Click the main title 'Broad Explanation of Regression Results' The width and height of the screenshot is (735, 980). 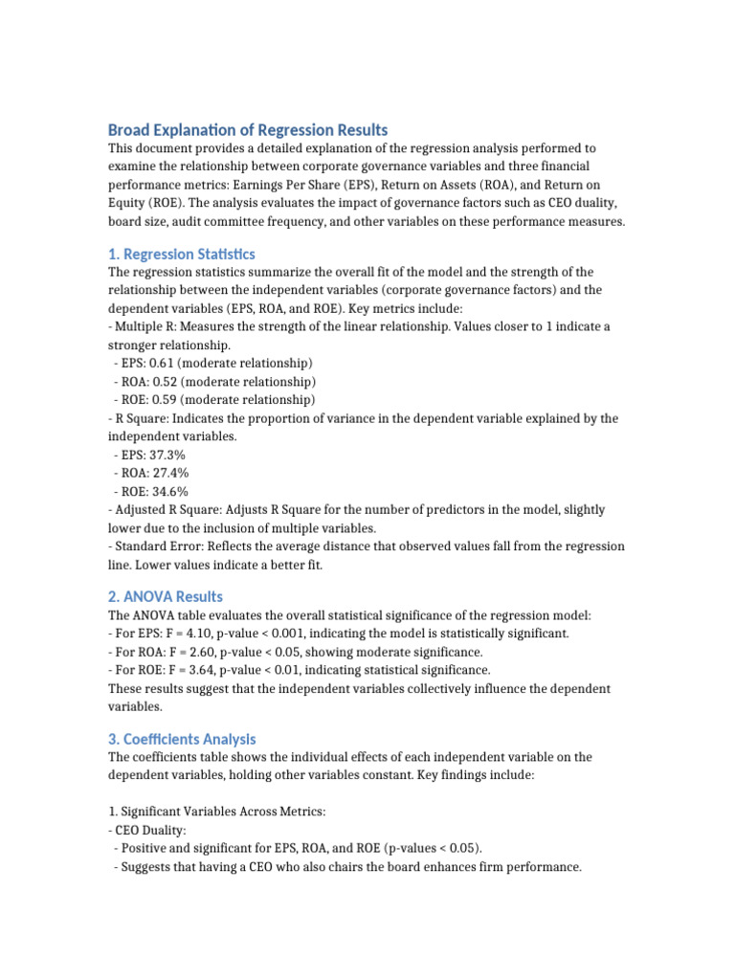(x=248, y=129)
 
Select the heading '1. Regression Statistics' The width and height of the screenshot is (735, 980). (x=181, y=254)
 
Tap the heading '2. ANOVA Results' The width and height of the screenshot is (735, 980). (x=165, y=596)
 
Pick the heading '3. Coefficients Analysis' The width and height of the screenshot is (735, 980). (x=181, y=739)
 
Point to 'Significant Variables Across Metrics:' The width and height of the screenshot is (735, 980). (x=225, y=812)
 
